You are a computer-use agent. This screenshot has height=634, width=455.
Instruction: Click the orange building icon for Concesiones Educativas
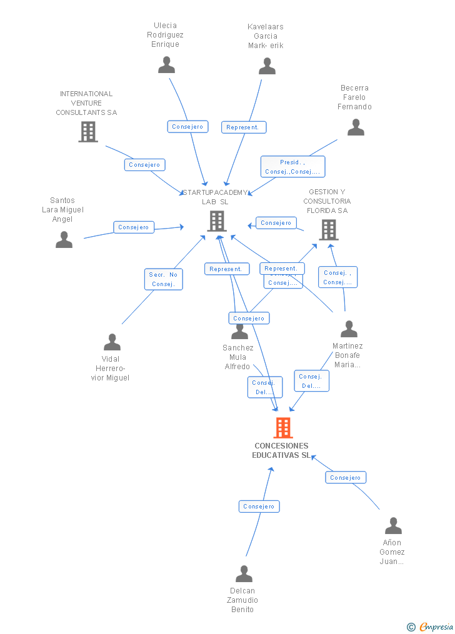(x=283, y=428)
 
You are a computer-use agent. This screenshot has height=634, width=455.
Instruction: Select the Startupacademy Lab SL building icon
(x=216, y=220)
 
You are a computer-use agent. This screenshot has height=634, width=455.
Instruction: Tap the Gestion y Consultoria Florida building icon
(x=328, y=229)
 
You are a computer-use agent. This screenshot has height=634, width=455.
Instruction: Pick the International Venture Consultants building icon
(x=88, y=131)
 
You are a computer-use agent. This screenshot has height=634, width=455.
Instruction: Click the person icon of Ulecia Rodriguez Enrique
(x=166, y=65)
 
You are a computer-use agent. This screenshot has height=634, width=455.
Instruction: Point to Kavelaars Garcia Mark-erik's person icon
(x=267, y=66)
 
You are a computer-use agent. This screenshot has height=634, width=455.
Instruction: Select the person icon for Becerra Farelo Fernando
(x=356, y=127)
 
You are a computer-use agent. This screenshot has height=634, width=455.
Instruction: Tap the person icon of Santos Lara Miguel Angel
(x=64, y=240)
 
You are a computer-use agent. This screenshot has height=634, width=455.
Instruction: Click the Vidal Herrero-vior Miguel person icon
(x=112, y=342)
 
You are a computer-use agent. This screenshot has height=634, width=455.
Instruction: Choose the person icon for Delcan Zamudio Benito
(x=244, y=573)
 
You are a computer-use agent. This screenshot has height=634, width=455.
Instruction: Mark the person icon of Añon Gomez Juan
(x=392, y=525)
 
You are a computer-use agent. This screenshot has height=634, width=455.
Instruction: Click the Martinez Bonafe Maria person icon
(x=348, y=329)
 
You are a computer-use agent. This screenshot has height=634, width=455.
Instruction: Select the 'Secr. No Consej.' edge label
(x=164, y=279)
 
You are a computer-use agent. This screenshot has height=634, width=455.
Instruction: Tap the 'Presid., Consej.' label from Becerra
(x=292, y=167)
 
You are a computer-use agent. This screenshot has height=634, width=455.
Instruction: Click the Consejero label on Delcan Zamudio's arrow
(x=259, y=507)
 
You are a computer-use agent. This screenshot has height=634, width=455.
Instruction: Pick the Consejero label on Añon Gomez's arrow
(x=346, y=477)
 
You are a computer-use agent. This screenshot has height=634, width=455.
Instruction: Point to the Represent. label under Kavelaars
(x=242, y=127)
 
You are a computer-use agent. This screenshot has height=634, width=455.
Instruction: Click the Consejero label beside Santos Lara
(x=134, y=227)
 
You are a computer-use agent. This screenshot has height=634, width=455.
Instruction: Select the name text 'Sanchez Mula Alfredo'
(x=238, y=357)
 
